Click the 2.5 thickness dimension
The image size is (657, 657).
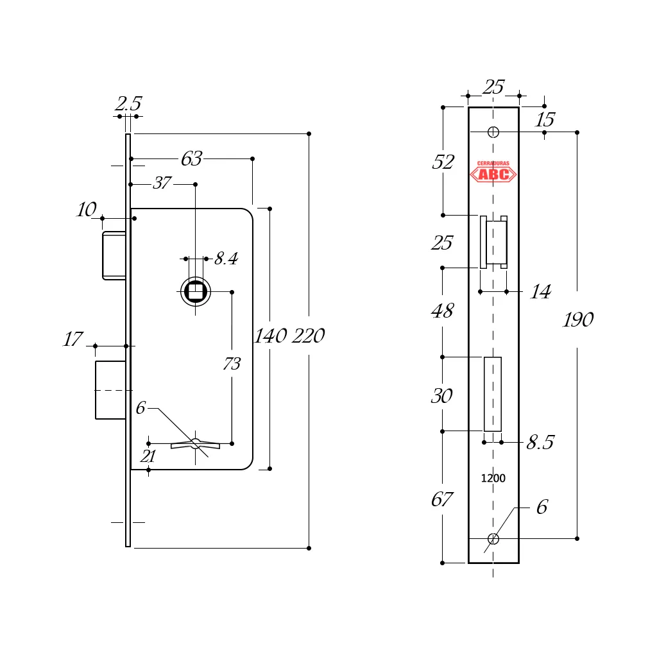click(x=128, y=104)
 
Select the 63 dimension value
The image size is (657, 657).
click(x=191, y=158)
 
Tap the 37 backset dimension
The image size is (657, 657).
click(x=162, y=183)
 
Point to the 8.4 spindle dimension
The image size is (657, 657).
click(x=226, y=259)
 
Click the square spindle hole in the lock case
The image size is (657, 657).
click(x=195, y=292)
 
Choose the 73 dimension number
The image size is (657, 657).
click(x=232, y=364)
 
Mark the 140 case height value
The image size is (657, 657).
click(x=271, y=336)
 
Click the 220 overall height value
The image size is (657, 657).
click(x=309, y=336)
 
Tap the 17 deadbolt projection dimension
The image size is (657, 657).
click(x=73, y=339)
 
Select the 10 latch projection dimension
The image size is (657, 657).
click(x=87, y=210)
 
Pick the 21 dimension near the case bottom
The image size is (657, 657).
click(x=148, y=456)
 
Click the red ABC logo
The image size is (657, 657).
click(x=493, y=173)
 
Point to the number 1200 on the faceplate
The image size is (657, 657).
click(x=493, y=479)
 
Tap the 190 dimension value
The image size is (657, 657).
click(x=578, y=320)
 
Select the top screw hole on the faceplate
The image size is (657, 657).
click(x=493, y=132)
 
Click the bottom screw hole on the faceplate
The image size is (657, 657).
click(x=493, y=538)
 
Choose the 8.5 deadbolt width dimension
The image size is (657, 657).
click(x=540, y=443)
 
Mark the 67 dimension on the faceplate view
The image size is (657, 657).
click(x=442, y=499)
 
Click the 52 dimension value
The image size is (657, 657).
click(x=443, y=162)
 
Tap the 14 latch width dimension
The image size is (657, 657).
click(x=540, y=293)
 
